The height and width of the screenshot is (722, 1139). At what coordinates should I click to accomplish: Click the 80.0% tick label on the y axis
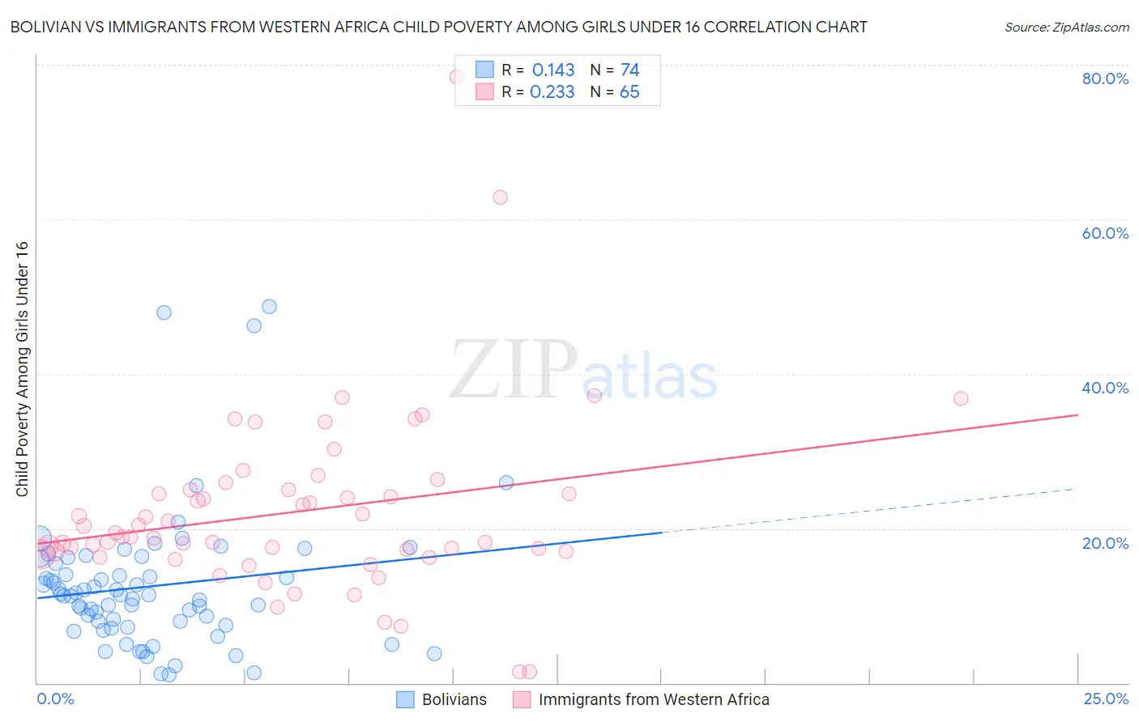point(1105,79)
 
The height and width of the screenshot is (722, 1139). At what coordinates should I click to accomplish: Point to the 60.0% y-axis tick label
point(1105,233)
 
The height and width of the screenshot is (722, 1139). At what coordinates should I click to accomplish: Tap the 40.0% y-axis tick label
point(1105,388)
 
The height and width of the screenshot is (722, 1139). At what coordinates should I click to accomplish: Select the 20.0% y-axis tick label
point(1105,543)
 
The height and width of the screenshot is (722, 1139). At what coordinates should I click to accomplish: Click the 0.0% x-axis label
point(55,699)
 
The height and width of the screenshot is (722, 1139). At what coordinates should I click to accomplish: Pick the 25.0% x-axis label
point(1106,699)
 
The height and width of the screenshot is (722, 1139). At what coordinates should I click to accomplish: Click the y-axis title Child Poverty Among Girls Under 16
point(22,369)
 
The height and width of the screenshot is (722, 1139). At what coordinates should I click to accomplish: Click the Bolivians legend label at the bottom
point(454,699)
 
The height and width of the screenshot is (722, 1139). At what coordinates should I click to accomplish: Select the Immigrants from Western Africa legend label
point(654,699)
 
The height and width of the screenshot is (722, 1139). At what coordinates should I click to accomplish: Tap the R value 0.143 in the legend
point(553,70)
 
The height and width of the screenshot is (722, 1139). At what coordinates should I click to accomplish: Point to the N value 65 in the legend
point(629,92)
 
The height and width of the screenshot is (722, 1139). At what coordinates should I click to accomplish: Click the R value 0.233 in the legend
point(552,92)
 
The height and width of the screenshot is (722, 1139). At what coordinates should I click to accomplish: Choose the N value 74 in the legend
point(629,70)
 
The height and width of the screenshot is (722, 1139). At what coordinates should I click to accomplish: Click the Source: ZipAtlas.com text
point(1066,27)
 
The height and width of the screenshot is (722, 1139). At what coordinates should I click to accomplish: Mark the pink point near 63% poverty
point(500,197)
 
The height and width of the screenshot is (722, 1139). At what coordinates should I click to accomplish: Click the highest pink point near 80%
point(457,77)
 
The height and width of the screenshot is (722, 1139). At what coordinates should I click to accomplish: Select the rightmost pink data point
point(961,398)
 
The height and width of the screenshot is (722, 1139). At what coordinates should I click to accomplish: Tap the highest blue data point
point(269,307)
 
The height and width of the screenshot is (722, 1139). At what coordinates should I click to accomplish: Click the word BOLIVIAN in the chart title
point(46,27)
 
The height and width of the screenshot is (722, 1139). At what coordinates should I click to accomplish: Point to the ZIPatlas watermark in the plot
point(583,371)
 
